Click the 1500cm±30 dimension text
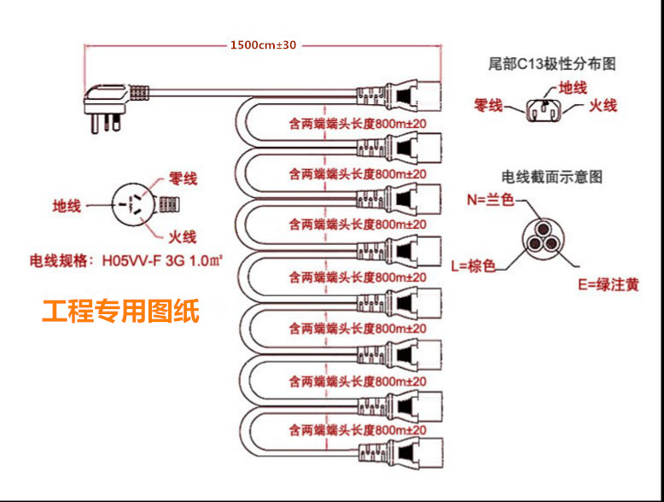tap(263, 44)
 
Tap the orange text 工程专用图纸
tap(121, 312)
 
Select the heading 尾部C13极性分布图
tap(551, 64)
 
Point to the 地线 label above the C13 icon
tap(573, 86)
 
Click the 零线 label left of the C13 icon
tap(487, 106)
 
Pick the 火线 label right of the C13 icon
tap(603, 106)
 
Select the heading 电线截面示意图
tap(552, 177)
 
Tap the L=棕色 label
tap(473, 265)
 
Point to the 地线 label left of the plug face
tap(67, 206)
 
